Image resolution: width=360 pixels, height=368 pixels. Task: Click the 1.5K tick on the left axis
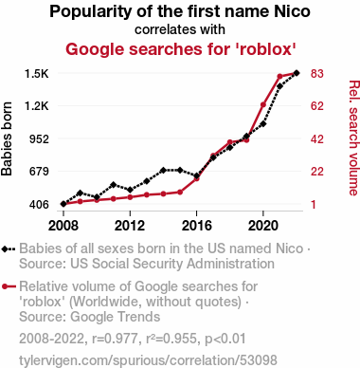37,74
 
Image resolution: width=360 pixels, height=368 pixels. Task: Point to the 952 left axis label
39,138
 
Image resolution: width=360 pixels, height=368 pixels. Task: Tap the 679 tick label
39,172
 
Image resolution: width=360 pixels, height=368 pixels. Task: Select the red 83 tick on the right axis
317,74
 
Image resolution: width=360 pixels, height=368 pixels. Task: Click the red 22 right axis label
317,172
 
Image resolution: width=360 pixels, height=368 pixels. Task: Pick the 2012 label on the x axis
130,226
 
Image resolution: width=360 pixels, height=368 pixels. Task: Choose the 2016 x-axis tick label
196,226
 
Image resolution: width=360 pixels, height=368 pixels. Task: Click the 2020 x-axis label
263,226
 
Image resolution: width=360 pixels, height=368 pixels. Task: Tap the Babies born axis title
7,138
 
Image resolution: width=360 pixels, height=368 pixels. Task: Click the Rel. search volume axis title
353,138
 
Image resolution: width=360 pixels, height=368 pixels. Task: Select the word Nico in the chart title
292,11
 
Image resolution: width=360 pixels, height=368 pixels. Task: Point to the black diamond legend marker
5,249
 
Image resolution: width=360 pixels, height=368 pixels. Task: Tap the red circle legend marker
5,287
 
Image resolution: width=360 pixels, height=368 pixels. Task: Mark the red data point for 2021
279,77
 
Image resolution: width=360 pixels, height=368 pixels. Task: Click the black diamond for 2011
114,185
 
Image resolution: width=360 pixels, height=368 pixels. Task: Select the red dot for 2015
180,192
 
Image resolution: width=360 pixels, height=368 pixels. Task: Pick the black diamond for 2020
263,123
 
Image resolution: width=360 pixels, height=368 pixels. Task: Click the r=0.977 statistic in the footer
115,339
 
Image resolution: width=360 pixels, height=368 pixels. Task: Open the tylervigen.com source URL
148,360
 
